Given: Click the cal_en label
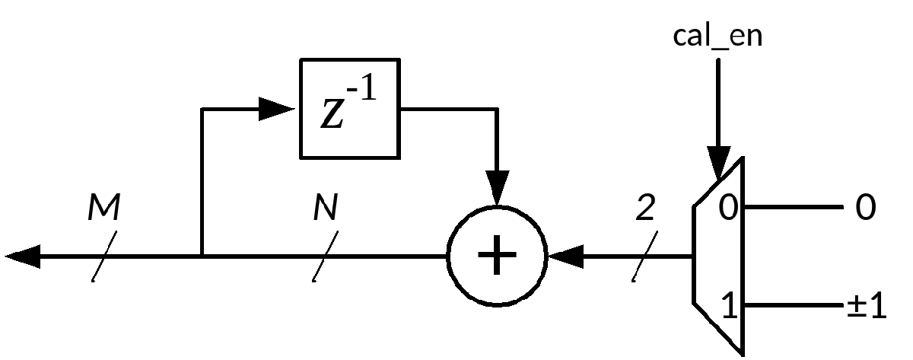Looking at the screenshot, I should point(717,36).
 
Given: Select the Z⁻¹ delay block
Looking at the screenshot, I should point(350,108).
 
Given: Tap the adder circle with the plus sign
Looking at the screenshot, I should point(497,256).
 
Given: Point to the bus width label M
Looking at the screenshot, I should point(104,207).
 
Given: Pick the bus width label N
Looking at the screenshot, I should point(325,207).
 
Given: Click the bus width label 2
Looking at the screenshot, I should point(644,207).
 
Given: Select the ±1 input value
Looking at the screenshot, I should point(867,307).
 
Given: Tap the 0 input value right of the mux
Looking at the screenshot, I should point(865,207).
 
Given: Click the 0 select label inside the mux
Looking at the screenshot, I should point(728,207).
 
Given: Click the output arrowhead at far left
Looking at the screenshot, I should point(21,257).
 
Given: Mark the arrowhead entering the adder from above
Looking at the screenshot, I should point(497,190).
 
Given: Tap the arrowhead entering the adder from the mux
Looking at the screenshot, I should point(565,257).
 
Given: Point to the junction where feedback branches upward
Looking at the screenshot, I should point(202,257).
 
